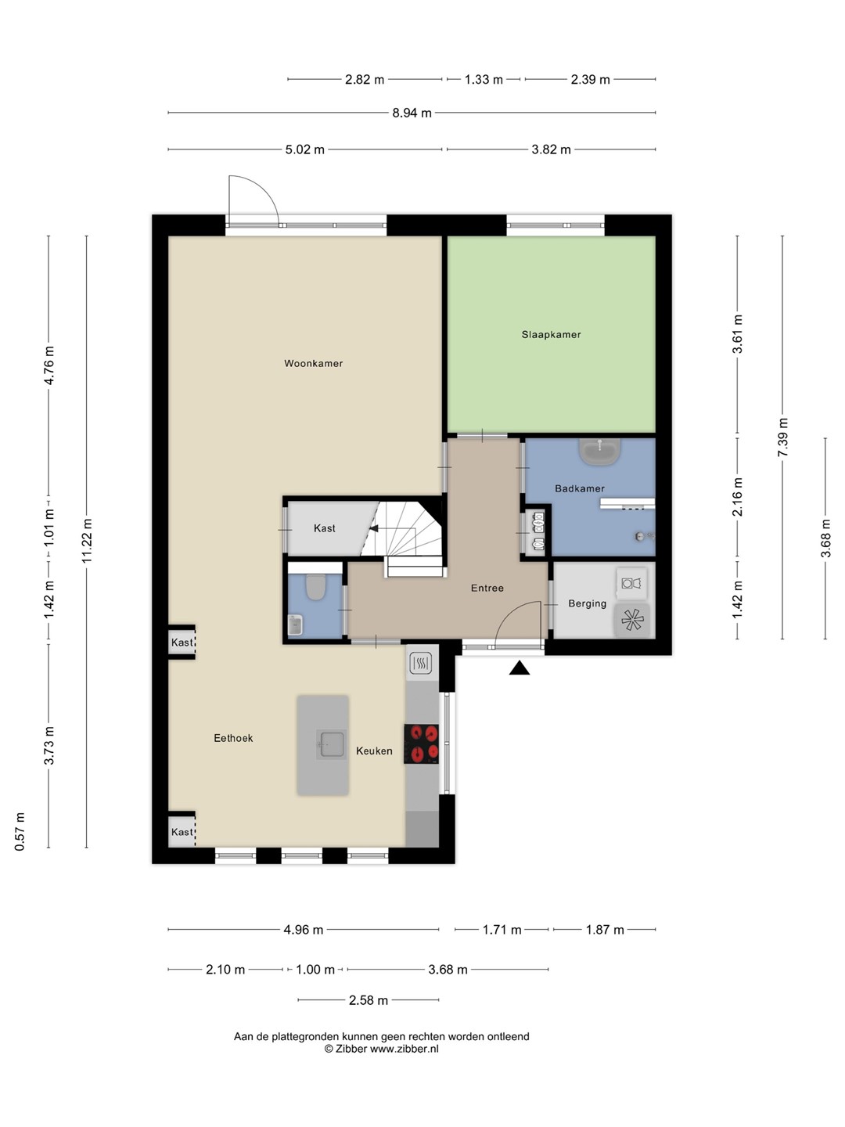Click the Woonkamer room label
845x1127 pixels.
[x=313, y=363]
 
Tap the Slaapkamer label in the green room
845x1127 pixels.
[x=551, y=335]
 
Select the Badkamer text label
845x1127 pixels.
[x=579, y=488]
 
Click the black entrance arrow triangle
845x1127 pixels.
[x=520, y=668]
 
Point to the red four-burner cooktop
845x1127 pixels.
[x=421, y=744]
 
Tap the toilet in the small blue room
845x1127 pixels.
[x=315, y=587]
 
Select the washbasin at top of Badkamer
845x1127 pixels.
[x=600, y=452]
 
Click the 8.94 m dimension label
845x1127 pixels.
[x=412, y=113]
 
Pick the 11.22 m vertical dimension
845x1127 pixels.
[x=87, y=540]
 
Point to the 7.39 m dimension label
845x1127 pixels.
[x=782, y=437]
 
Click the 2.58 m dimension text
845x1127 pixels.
[x=369, y=1000]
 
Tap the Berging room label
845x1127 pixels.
[x=587, y=603]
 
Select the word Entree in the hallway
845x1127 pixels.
[x=487, y=588]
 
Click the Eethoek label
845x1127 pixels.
[x=233, y=738]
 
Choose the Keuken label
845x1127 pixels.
[x=374, y=751]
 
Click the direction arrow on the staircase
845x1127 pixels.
[x=374, y=528]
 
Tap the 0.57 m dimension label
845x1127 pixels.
[x=20, y=832]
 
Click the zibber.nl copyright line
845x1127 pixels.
[x=381, y=1049]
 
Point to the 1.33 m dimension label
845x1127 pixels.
[x=484, y=80]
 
